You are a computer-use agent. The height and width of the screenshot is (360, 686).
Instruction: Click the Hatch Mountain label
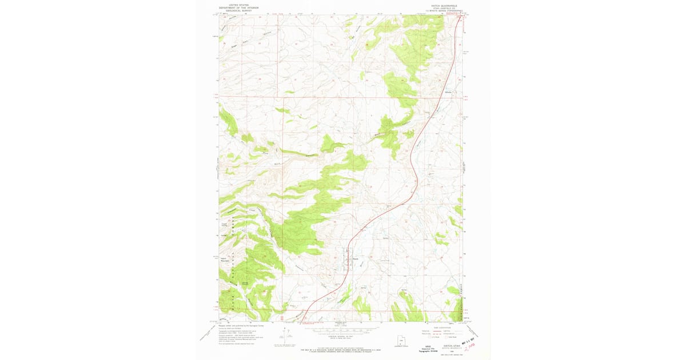224,259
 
